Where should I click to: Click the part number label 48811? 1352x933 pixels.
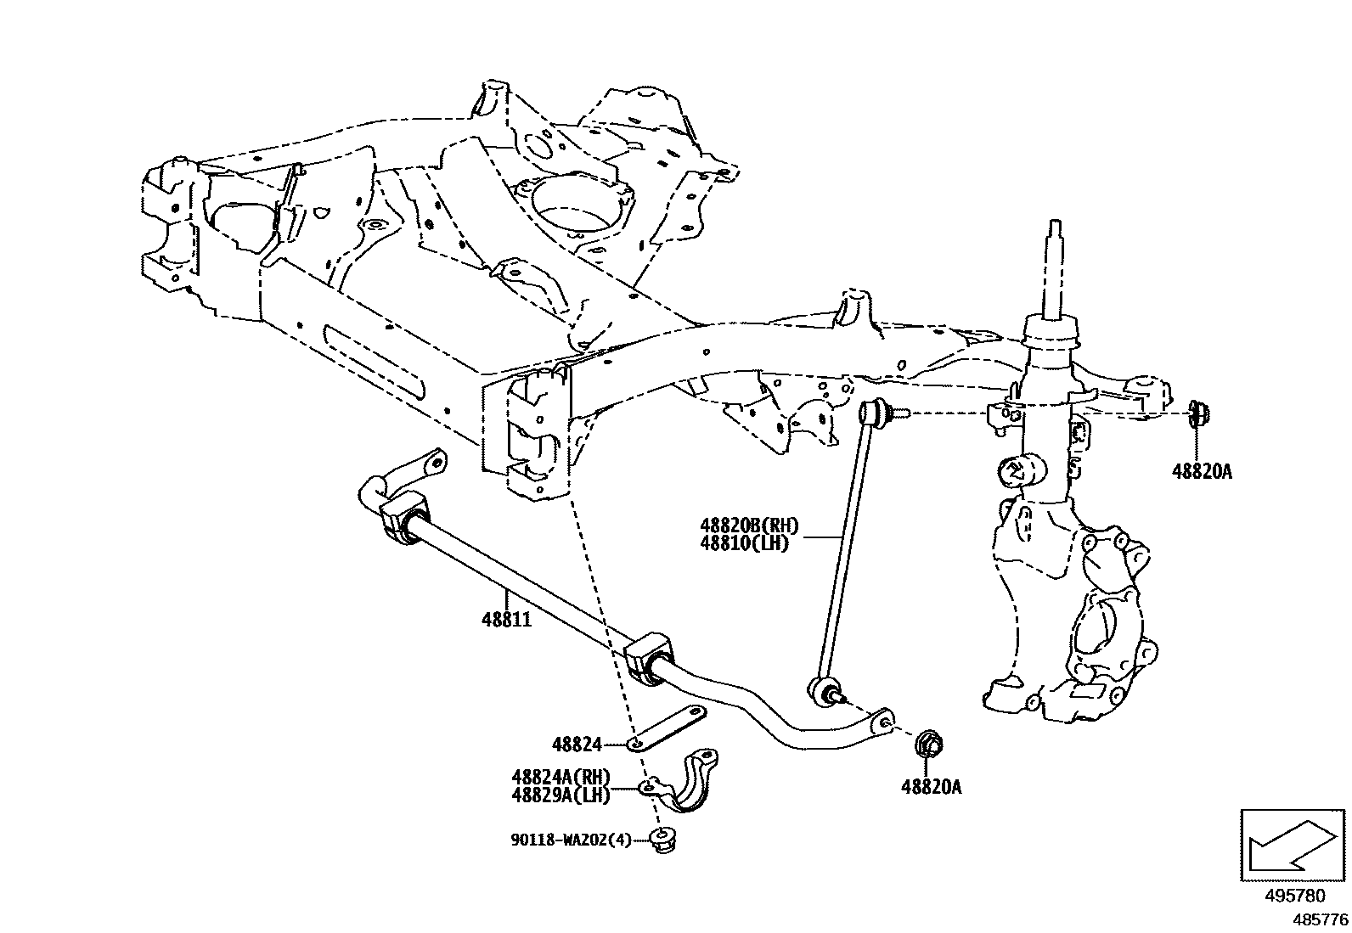pos(506,621)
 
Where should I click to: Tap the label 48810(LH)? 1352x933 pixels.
pos(745,543)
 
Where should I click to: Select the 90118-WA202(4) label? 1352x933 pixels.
pos(571,840)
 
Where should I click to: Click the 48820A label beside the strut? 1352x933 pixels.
pos(1201,472)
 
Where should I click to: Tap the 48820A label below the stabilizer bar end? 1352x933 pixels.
pos(931,787)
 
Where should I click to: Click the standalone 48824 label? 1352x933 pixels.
pos(577,745)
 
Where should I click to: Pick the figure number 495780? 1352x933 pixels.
pos(1293,896)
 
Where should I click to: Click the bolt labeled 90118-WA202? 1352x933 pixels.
pos(662,838)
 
